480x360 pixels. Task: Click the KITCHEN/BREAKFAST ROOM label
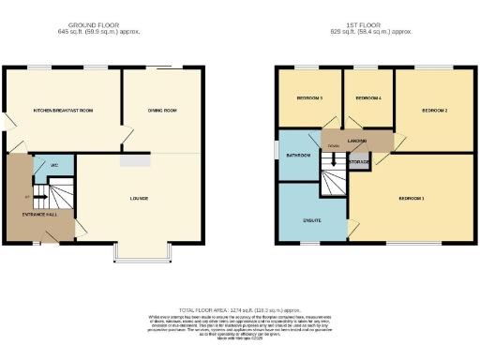coord(64,111)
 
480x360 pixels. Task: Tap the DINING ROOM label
coord(162,111)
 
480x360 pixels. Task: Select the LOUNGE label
coord(139,199)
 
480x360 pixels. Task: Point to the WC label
coord(54,165)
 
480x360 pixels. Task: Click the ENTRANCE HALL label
coord(38,216)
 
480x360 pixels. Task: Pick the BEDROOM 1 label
coord(411,199)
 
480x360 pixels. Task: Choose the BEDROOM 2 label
coord(434,111)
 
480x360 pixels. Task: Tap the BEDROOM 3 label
coord(309,97)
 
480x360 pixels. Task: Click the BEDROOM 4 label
coord(368,97)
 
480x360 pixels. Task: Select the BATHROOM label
coord(299,155)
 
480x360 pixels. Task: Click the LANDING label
coord(356,141)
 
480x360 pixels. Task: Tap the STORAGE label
coord(359,162)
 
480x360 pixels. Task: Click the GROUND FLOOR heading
coord(93,25)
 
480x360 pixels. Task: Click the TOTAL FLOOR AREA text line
coord(240,309)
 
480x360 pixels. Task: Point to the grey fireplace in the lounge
coord(134,160)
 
